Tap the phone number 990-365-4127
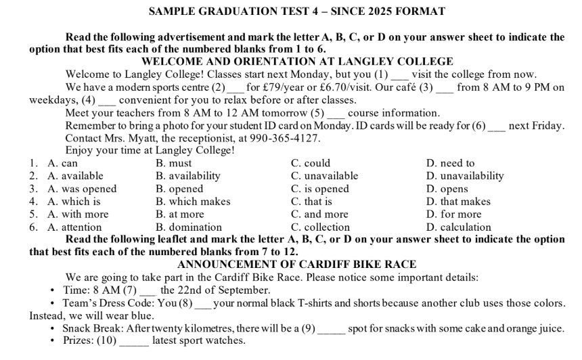pos(284,138)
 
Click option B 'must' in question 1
pos(174,163)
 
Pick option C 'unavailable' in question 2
pos(324,176)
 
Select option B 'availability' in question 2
pos(187,176)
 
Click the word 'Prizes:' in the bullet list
pos(81,341)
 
